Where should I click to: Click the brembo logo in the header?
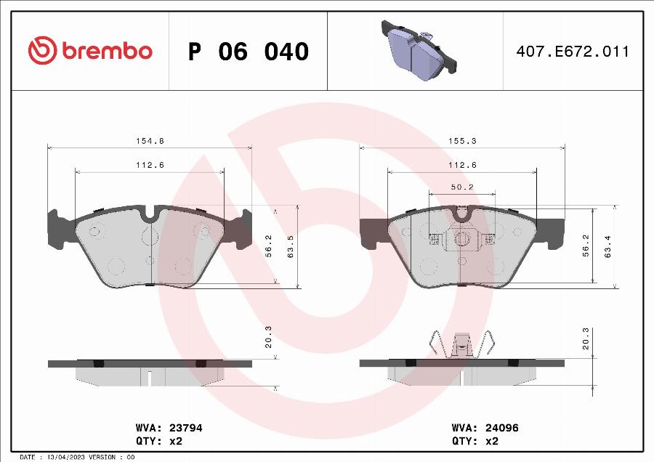(90, 51)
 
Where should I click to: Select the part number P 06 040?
(249, 52)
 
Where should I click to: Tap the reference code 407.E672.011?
(573, 52)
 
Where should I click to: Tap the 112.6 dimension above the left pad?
(150, 165)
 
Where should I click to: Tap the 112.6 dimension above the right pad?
(461, 165)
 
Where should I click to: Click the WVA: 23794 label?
(169, 429)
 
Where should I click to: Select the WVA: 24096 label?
(485, 429)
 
